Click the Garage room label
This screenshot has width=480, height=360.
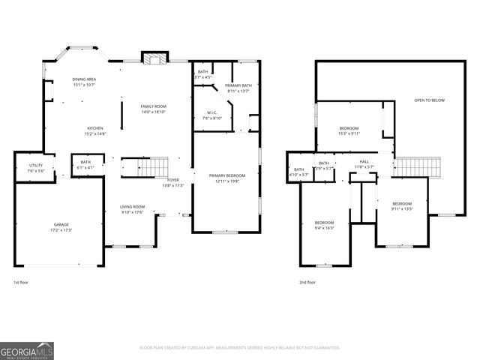tap(61, 227)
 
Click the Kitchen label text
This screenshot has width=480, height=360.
tap(94, 130)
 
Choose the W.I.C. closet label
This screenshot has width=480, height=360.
tap(211, 115)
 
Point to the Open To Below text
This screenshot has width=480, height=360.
tap(429, 100)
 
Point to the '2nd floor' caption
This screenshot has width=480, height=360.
tap(307, 283)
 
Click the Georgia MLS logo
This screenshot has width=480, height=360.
tap(27, 350)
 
